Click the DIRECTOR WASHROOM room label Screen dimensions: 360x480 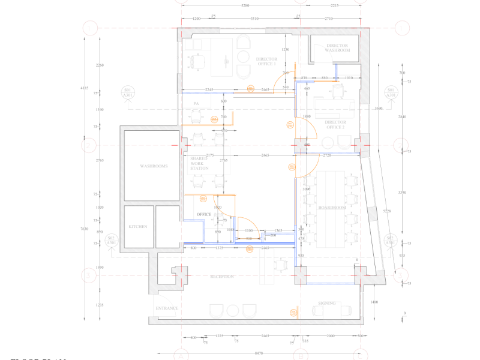click(337, 48)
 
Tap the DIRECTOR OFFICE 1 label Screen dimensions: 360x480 click(266, 62)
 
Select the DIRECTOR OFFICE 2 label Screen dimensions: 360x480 click(335, 125)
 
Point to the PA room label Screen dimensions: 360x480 click(196, 104)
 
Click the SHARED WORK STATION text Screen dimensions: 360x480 click(199, 163)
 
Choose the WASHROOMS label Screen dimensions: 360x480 click(154, 166)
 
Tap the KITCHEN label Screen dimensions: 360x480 click(138, 227)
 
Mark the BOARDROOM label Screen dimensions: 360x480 click(332, 208)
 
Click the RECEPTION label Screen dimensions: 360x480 click(221, 277)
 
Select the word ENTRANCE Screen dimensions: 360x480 click(167, 308)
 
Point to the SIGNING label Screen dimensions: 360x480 click(326, 304)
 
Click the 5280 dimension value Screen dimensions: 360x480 click(245, 5)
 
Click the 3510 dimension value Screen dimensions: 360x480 click(254, 19)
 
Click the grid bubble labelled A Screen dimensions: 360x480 click(181, 356)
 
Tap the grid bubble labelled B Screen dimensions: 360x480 click(300, 356)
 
